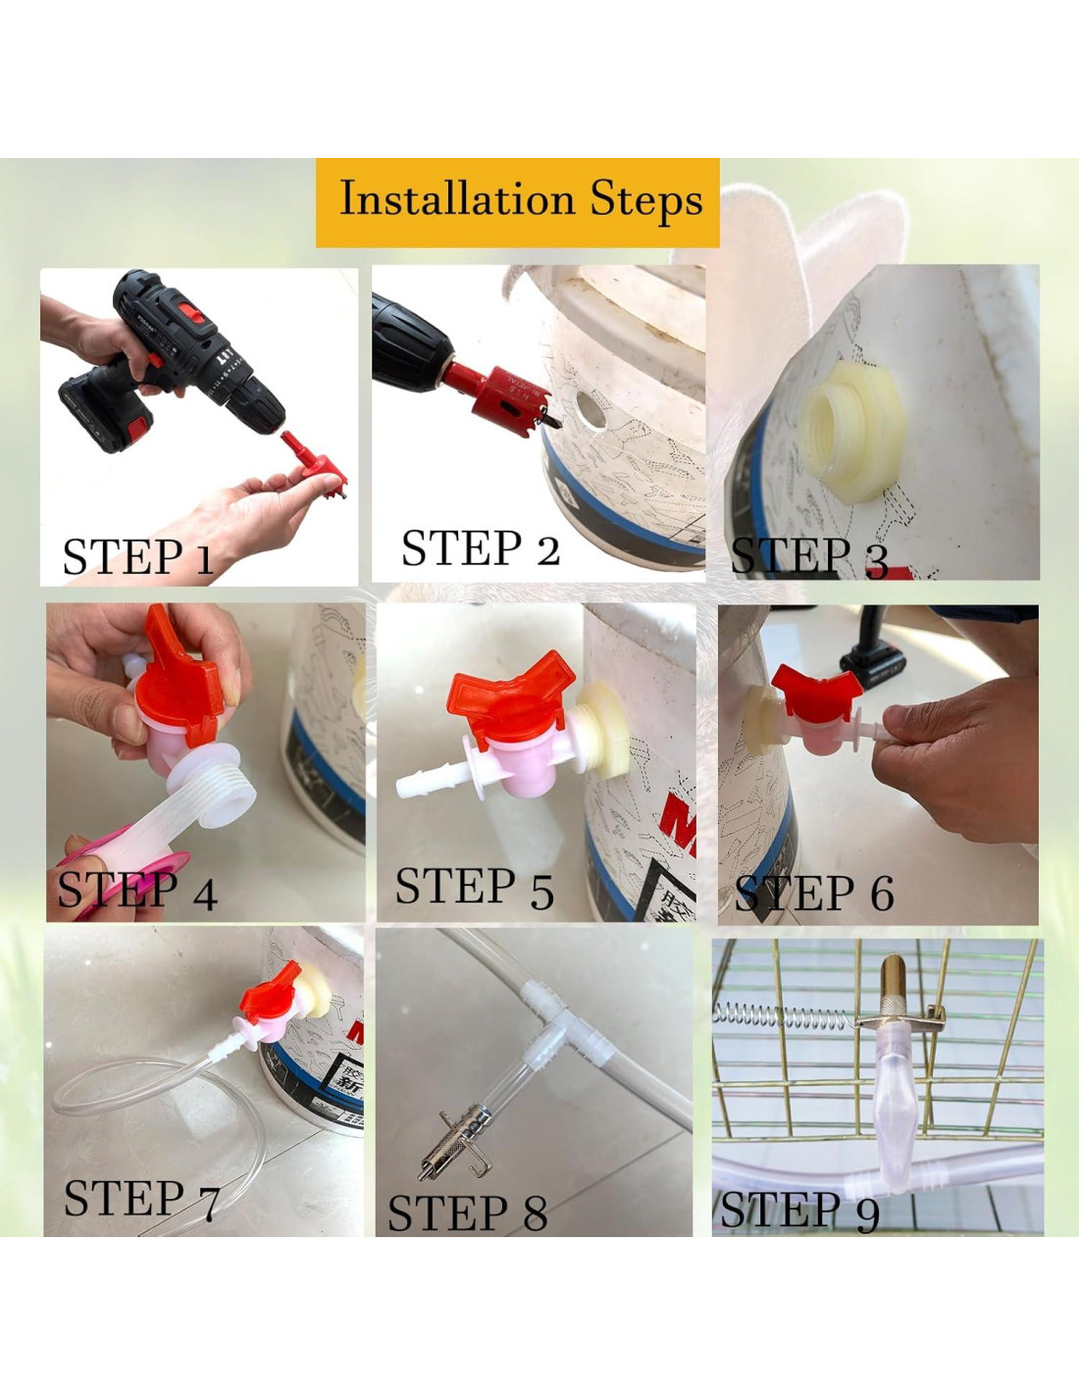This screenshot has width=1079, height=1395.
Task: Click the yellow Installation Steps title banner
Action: tap(517, 202)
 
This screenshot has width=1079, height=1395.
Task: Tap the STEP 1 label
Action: tap(137, 556)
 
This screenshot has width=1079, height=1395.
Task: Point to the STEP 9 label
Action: tap(799, 1210)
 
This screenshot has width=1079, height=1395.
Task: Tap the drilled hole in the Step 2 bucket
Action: tap(590, 410)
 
